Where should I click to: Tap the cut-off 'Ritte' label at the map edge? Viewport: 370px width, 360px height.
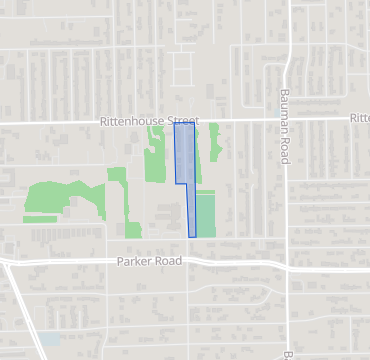pos(359,118)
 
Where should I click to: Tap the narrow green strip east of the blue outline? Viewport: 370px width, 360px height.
pos(212,150)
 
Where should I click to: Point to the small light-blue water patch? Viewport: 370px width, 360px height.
pos(50,340)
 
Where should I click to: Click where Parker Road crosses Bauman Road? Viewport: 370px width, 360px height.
pos(287,265)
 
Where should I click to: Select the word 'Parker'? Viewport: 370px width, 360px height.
pos(134,262)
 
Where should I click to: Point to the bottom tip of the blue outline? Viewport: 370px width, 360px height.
pos(192,237)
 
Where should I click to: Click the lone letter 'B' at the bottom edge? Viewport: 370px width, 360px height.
pos(287,355)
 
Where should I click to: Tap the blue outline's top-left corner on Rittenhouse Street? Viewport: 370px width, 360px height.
pos(174,123)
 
